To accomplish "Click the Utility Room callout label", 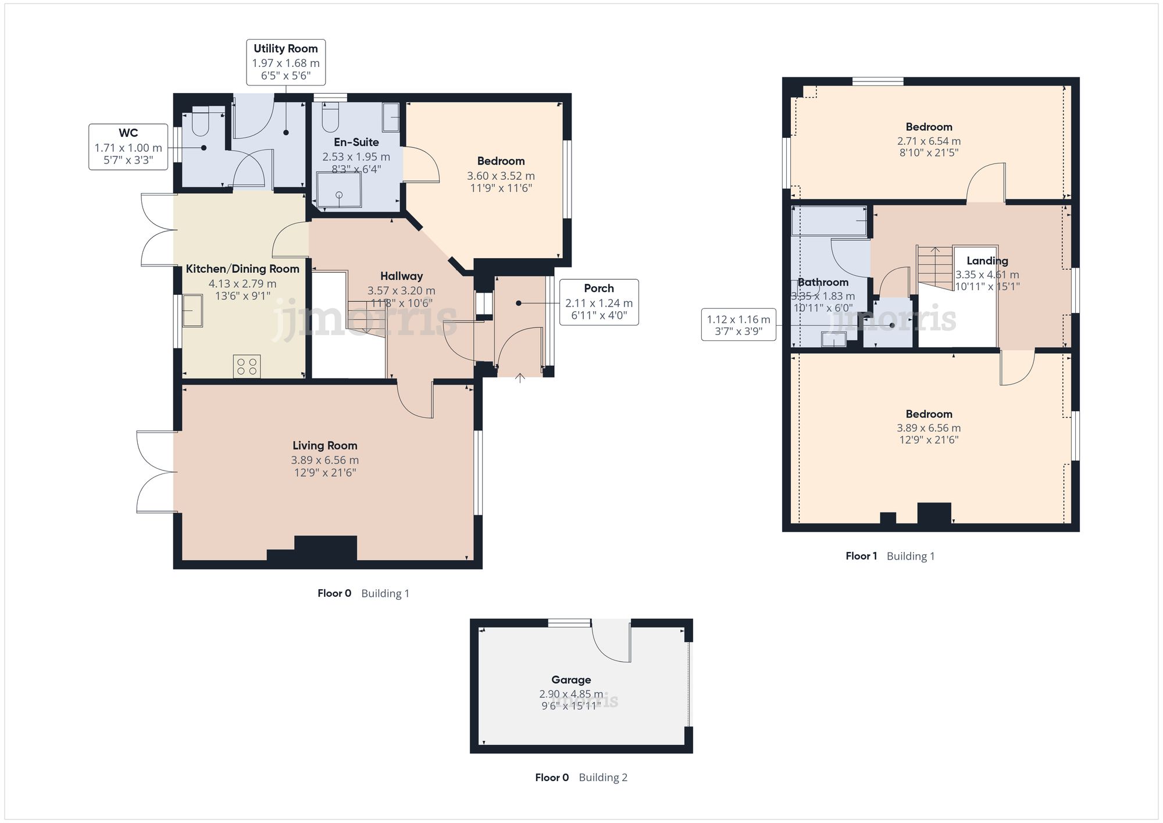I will coord(286,62).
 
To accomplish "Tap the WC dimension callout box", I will coord(128,147).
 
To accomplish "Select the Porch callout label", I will coord(598,302).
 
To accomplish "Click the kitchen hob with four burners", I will coord(247,366).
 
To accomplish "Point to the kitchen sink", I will coord(192,311).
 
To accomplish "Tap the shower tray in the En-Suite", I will coord(339,190).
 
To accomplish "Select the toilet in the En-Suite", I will coord(330,117).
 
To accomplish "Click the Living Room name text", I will coord(324,446).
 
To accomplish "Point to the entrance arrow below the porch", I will coord(520,379).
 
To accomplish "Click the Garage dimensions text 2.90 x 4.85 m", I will coord(570,694).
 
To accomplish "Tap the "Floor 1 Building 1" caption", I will coord(890,556).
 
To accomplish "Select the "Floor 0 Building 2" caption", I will coord(581,778).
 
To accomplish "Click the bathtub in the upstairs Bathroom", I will coord(829,221).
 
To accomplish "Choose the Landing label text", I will coord(987,261).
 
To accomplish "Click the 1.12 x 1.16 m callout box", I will coord(738,325).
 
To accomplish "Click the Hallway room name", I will coord(401,276).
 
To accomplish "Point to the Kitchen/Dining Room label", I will coord(242,269).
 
